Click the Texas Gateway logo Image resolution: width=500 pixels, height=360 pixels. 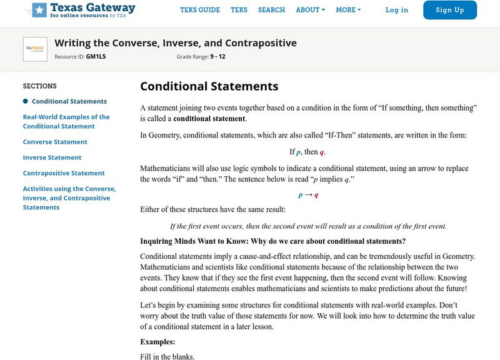pyautogui.click(x=83, y=10)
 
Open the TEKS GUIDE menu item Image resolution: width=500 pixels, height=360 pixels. pyautogui.click(x=200, y=10)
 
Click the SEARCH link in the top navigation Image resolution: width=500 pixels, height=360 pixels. pyautogui.click(x=271, y=10)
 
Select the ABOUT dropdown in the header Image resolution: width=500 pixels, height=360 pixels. pyautogui.click(x=311, y=10)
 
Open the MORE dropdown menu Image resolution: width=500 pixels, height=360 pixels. pyautogui.click(x=348, y=10)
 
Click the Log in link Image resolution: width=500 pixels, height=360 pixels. pyautogui.click(x=397, y=10)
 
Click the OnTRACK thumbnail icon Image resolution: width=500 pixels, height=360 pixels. pyautogui.click(x=35, y=49)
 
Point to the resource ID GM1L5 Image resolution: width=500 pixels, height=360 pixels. pyautogui.click(x=95, y=57)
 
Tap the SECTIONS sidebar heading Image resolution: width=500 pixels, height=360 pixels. pyautogui.click(x=40, y=86)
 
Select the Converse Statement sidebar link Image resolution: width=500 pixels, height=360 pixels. pyautogui.click(x=55, y=142)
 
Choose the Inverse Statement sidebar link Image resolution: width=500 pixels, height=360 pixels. pyautogui.click(x=52, y=157)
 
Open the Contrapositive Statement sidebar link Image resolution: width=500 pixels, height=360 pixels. pyautogui.click(x=64, y=173)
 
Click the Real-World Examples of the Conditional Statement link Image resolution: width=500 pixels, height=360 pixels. pyautogui.click(x=66, y=121)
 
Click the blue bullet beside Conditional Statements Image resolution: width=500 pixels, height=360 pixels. pyautogui.click(x=26, y=101)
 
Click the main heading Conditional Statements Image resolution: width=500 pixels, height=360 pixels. pyautogui.click(x=209, y=86)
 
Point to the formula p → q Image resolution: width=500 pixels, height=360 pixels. pyautogui.click(x=308, y=195)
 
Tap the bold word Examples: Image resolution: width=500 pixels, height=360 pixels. pyautogui.click(x=157, y=342)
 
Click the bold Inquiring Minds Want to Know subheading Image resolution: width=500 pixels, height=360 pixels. pyautogui.click(x=272, y=241)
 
